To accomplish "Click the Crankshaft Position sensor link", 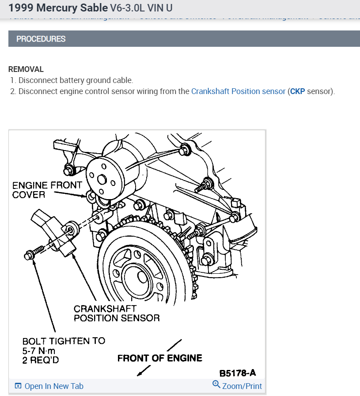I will tap(238, 92).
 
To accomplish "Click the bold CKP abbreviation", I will tap(297, 92).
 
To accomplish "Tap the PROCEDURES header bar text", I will tap(41, 39).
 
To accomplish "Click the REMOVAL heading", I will tap(26, 69).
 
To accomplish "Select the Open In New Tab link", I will tap(53, 386).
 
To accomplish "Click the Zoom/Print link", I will tap(242, 386).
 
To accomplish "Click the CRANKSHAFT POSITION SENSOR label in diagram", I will tap(116, 313).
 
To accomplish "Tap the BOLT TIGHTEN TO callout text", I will tap(64, 341).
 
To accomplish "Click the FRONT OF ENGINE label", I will tap(159, 358).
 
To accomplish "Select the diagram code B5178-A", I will tap(238, 373).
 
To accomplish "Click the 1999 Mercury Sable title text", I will tap(58, 8).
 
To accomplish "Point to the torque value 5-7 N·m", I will tap(41, 351).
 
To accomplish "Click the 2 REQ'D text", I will tap(41, 360).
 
